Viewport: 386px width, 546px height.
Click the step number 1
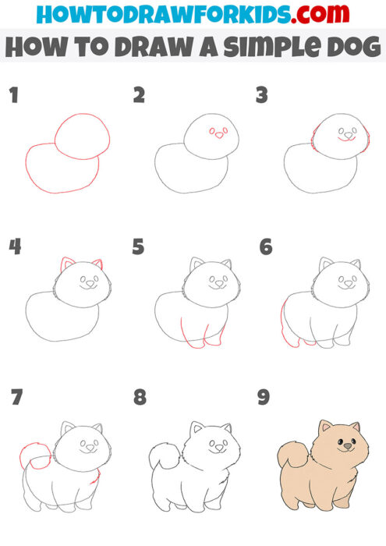(x=12, y=96)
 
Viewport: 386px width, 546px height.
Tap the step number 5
(x=138, y=248)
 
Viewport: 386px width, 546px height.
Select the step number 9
(x=264, y=398)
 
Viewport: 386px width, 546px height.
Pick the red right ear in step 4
(x=97, y=264)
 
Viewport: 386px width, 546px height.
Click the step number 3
(x=262, y=96)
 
